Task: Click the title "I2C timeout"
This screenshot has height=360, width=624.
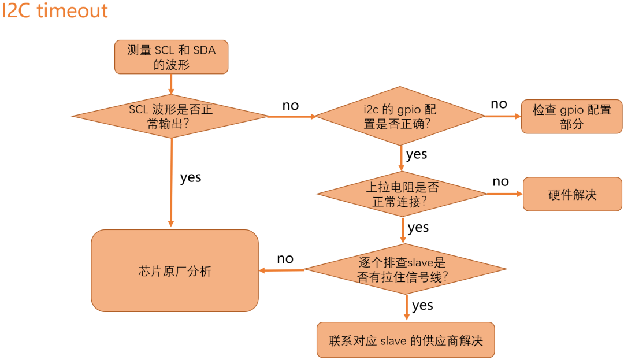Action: pos(55,11)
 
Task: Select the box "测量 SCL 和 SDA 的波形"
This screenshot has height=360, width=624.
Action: pos(171,57)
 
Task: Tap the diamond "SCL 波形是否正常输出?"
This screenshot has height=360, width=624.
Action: pos(170,116)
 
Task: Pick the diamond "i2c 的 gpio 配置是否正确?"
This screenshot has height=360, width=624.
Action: pos(400,116)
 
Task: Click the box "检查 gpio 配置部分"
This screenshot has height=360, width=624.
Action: pos(571,117)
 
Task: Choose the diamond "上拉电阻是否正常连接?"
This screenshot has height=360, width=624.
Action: pos(402,194)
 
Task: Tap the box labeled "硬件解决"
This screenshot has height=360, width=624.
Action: pos(572,194)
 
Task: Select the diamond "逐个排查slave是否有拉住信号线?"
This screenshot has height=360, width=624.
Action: pos(405,270)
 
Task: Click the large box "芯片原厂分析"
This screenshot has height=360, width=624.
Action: pos(174,270)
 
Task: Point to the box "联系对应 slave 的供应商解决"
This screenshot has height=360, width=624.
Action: pos(406,340)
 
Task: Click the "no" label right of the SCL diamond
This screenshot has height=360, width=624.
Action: pos(291,106)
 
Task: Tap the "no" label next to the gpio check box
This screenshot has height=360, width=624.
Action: pos(499,104)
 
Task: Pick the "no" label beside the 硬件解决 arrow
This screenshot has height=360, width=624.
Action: pos(500,181)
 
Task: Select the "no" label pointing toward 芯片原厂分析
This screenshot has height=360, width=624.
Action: pos(285,258)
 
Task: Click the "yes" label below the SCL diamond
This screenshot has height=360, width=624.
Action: pos(191,177)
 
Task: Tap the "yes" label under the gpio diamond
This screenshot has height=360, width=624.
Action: pos(417,154)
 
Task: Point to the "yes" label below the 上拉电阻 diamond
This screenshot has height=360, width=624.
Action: pos(418,227)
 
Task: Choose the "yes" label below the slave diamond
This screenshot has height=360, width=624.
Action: pos(423,305)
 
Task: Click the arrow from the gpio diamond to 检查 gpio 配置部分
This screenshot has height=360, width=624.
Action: pos(503,117)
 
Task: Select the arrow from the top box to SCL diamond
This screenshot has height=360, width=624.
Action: pos(171,84)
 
